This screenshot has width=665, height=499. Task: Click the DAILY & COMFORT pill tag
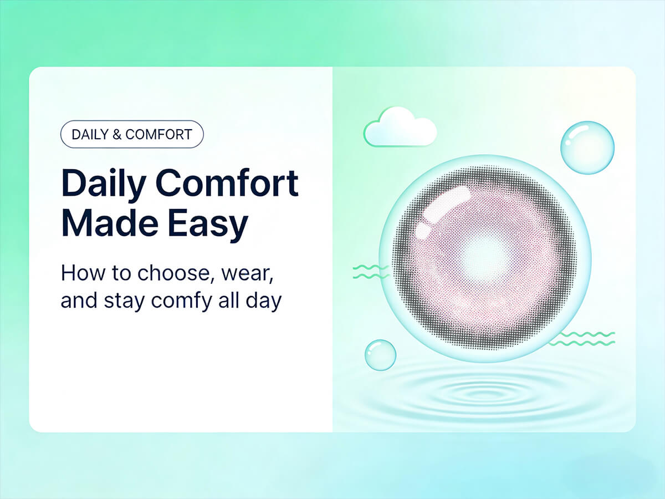pos(131,135)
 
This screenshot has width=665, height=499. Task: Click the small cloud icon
pos(400,128)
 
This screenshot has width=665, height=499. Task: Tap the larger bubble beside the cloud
pos(587,147)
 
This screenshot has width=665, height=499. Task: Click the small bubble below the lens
pos(380,355)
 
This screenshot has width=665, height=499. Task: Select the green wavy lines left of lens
pos(370,272)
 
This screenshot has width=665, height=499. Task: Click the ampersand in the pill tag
pos(116,135)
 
